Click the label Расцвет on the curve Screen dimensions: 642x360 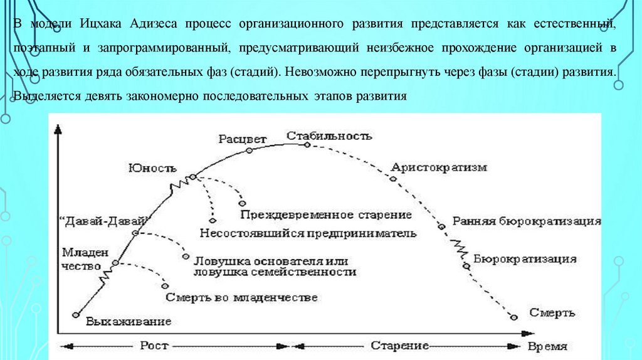click(x=242, y=139)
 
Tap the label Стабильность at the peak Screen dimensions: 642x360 click(x=329, y=135)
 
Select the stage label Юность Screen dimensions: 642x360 click(x=152, y=167)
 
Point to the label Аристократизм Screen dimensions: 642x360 click(x=438, y=167)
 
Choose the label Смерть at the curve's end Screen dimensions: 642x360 click(x=552, y=312)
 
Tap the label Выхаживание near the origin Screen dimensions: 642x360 click(x=129, y=322)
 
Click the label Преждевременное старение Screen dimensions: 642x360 click(x=325, y=214)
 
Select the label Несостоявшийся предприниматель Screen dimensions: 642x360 click(x=308, y=233)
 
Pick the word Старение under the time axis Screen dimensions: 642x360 click(x=399, y=346)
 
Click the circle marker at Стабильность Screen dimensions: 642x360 click(x=307, y=144)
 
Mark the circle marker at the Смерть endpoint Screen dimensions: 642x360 click(x=515, y=317)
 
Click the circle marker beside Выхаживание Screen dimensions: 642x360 click(x=76, y=315)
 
